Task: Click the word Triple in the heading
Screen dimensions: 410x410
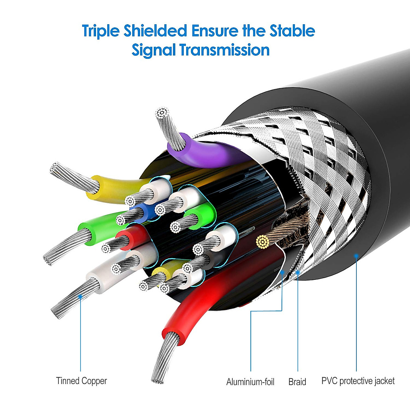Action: pyautogui.click(x=101, y=31)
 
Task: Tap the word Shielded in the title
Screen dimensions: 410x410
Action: pyautogui.click(x=155, y=31)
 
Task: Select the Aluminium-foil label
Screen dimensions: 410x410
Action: pyautogui.click(x=250, y=382)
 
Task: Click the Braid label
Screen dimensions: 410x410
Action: pyautogui.click(x=297, y=382)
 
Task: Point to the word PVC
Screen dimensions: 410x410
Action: pyautogui.click(x=329, y=381)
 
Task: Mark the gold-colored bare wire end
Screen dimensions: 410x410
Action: pyautogui.click(x=262, y=242)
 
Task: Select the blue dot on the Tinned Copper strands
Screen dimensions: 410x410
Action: pyautogui.click(x=80, y=297)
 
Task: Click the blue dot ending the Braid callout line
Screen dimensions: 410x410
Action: pyautogui.click(x=298, y=272)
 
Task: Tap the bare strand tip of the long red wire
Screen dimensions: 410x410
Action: pyautogui.click(x=158, y=376)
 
